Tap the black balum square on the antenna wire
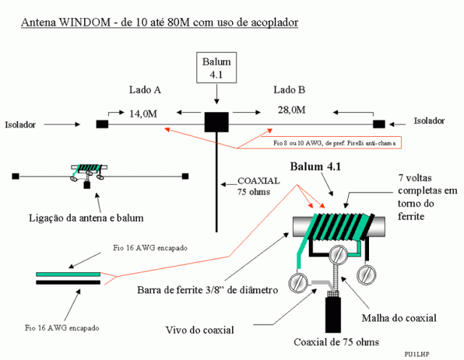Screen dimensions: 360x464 216,122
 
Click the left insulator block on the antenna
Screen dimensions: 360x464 101,124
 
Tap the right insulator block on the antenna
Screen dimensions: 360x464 378,122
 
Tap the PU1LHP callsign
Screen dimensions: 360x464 418,353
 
